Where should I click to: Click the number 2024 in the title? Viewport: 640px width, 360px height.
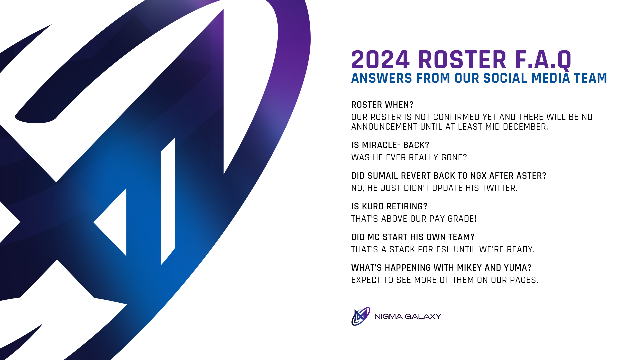click(x=380, y=60)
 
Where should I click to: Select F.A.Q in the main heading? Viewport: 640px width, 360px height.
click(x=543, y=60)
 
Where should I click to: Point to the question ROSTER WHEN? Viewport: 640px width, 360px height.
click(x=382, y=105)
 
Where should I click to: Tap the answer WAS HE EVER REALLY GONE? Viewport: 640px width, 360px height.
click(x=409, y=158)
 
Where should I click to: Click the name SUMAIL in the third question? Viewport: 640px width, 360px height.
click(x=383, y=176)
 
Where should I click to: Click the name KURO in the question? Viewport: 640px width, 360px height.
click(x=373, y=207)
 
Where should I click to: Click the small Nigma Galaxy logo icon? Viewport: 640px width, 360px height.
click(x=361, y=316)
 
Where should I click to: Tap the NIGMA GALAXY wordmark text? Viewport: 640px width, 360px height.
click(x=408, y=316)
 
